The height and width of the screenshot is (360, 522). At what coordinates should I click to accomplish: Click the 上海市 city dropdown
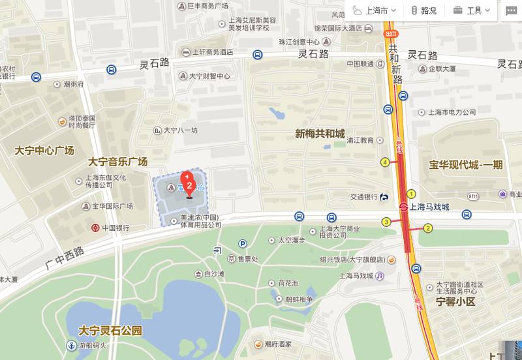tap(375, 10)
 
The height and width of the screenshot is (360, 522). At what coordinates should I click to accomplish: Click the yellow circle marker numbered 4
tap(385, 162)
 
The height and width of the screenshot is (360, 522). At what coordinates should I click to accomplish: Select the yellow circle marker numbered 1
tap(411, 194)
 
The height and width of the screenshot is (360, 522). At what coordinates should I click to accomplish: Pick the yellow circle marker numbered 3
tap(386, 222)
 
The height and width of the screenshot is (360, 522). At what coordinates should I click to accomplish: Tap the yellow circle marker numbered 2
tap(428, 228)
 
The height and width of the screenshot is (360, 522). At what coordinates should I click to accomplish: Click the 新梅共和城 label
tap(320, 134)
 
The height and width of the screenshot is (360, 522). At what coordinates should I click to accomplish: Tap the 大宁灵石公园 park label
tap(110, 330)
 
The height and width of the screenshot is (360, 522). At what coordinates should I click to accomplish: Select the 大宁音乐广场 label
tap(118, 162)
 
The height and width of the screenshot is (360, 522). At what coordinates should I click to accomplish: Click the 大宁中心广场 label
tap(44, 151)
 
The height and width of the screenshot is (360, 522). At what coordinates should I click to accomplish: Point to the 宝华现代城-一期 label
tap(466, 164)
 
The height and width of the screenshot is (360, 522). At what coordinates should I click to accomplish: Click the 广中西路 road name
tap(65, 257)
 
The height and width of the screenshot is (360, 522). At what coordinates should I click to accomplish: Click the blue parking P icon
tap(243, 244)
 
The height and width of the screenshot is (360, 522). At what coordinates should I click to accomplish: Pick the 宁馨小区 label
tap(455, 302)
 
